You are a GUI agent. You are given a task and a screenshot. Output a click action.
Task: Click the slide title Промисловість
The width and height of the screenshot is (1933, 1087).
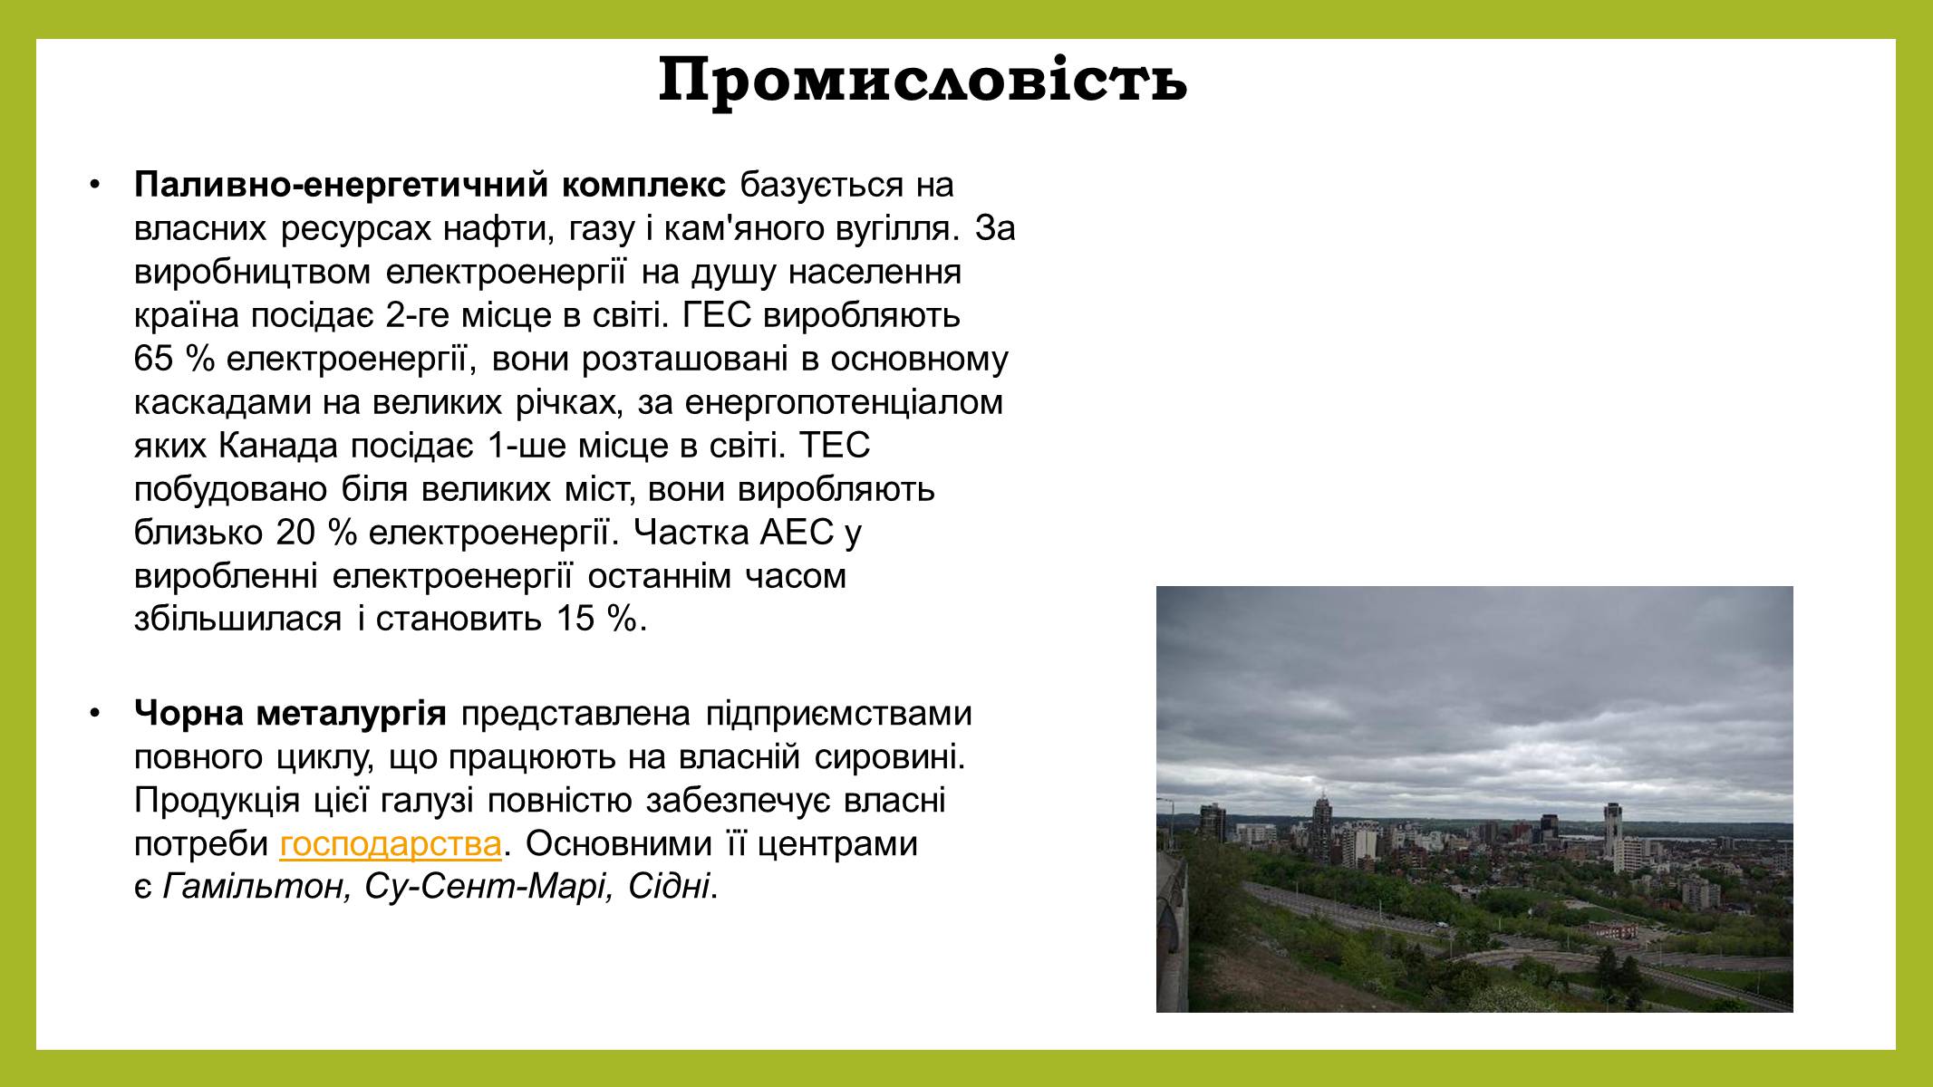923,82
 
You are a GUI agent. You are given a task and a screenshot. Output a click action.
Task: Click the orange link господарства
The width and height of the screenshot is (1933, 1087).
391,844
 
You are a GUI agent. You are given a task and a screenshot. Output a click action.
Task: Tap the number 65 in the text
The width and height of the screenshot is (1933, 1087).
153,360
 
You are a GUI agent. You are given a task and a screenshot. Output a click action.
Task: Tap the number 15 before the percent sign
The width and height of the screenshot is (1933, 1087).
566,620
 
